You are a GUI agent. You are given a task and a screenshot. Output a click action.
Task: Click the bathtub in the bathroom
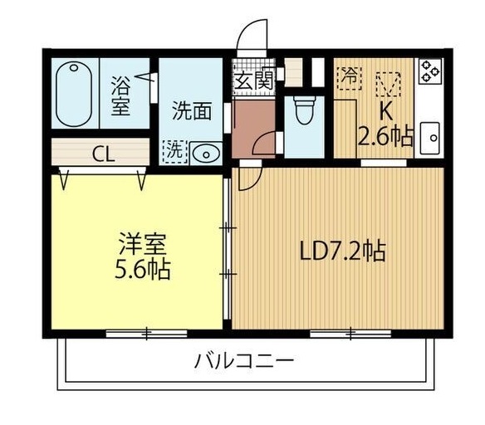point(77,94)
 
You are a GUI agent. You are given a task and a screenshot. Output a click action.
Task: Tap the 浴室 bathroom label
point(121,95)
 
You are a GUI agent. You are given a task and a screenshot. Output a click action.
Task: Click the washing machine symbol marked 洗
point(174,151)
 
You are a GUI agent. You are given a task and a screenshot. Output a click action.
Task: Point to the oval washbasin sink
point(204,152)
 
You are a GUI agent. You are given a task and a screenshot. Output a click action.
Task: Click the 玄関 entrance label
point(253,81)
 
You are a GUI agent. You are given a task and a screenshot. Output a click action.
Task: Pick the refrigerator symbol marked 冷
point(349,76)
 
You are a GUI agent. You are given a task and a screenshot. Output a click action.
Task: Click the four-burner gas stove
point(429,71)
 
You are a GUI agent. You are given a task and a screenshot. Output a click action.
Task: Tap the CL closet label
point(104,153)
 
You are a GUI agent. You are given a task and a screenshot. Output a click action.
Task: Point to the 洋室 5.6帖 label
point(143,257)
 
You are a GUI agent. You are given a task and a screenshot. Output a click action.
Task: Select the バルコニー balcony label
point(244,362)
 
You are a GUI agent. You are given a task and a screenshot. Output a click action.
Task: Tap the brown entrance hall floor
point(253,129)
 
